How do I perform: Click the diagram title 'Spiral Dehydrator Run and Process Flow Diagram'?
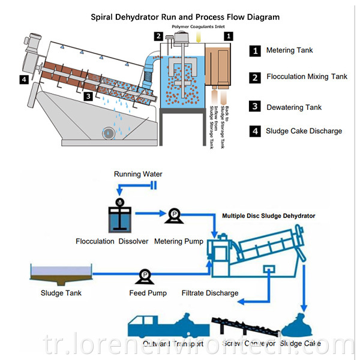point(185,17)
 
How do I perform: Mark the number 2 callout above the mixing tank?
point(158,37)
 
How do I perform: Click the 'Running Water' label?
point(138,175)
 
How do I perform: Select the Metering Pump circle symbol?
point(173,214)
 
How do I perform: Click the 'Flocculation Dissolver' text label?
point(112,242)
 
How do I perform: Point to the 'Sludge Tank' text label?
point(61,293)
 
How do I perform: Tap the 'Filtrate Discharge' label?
point(210,293)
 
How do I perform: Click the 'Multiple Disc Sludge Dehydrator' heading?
point(268,215)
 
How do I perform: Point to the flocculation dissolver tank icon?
point(119,217)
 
